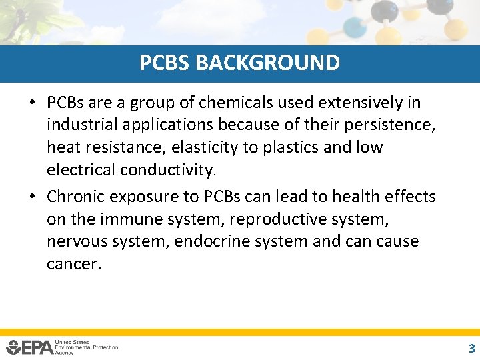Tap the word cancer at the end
coord(73,264)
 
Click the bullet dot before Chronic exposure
coord(33,197)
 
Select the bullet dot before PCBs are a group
coord(33,103)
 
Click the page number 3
coord(471,347)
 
